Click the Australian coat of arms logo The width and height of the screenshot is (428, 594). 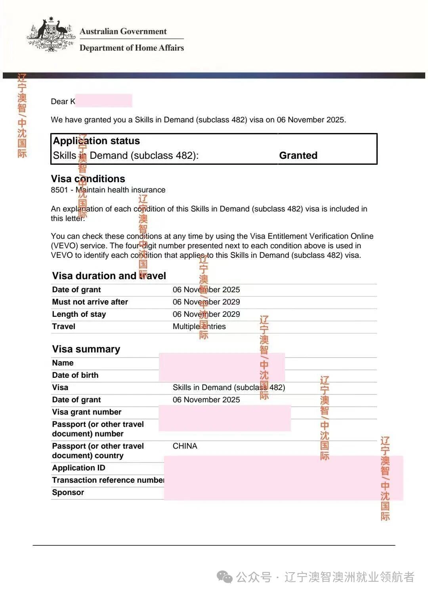click(x=51, y=35)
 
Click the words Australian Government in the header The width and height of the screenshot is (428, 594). click(x=123, y=31)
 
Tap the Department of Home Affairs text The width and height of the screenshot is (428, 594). click(x=132, y=48)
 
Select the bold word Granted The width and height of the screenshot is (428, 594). click(x=298, y=155)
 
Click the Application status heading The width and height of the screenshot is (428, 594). click(x=96, y=141)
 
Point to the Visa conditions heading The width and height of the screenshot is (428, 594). click(x=88, y=179)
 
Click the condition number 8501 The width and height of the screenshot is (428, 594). click(x=59, y=190)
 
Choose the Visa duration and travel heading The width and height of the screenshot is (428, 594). click(x=109, y=276)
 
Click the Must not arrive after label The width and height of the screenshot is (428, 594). click(x=90, y=302)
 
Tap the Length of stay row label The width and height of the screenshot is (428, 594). click(x=79, y=314)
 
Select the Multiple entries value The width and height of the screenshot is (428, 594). click(x=199, y=326)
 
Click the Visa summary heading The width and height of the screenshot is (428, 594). click(x=86, y=349)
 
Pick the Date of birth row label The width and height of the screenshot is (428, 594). click(x=75, y=375)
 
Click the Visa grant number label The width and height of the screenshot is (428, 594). click(x=87, y=412)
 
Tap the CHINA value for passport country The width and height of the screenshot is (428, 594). click(x=185, y=446)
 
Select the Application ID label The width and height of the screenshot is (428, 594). click(x=78, y=468)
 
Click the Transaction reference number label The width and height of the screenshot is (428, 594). click(x=108, y=480)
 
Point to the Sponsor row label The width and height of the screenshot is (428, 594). click(x=68, y=492)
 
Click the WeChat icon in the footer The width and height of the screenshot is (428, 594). click(x=225, y=577)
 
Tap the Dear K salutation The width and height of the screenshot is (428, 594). click(x=63, y=101)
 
